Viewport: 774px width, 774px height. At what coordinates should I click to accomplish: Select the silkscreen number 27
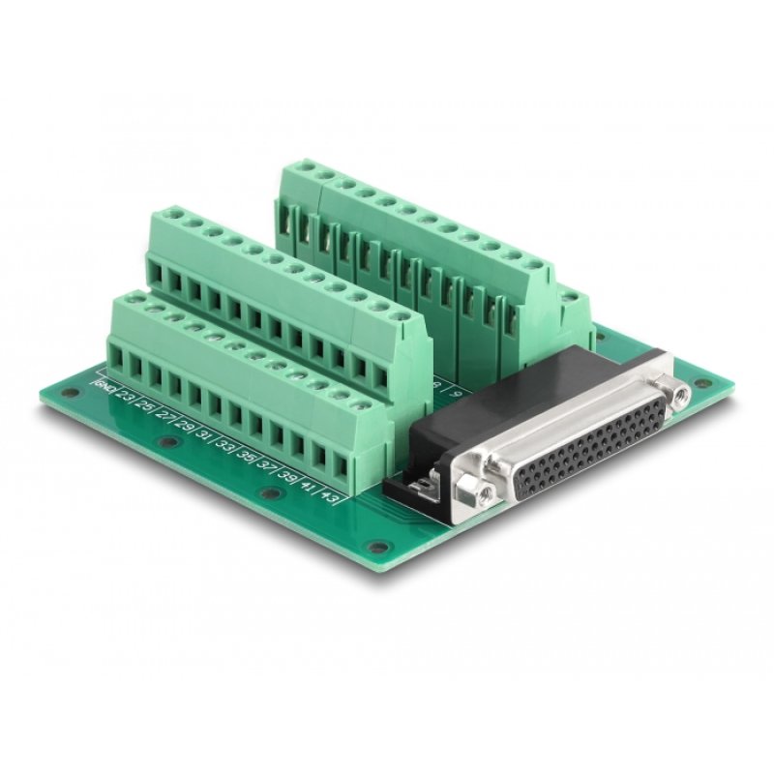click(x=164, y=415)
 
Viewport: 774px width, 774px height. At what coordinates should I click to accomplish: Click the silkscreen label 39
click(x=287, y=475)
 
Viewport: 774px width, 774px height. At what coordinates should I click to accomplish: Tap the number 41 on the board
click(x=309, y=487)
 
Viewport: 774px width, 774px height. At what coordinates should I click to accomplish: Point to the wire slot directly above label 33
click(x=235, y=417)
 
